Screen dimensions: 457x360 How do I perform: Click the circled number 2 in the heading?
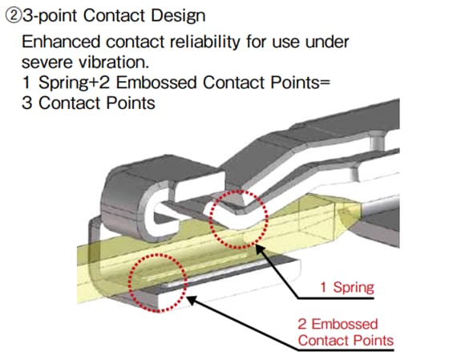tap(14, 16)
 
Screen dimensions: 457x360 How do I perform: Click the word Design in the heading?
tap(178, 16)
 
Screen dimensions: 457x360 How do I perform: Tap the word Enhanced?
tap(61, 42)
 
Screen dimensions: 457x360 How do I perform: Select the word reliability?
tap(205, 42)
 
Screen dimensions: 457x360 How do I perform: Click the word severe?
tap(47, 63)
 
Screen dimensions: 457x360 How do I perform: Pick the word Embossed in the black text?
tap(156, 83)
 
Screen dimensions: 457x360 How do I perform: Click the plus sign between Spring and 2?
tap(94, 83)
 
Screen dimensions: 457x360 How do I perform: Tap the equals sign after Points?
tap(325, 83)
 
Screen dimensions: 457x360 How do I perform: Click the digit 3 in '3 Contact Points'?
tap(26, 103)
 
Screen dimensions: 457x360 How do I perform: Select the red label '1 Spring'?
tap(347, 287)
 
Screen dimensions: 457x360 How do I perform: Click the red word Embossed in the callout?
tap(345, 324)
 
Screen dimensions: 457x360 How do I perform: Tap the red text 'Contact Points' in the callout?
tap(346, 341)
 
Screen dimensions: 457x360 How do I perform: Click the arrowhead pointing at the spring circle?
tap(260, 249)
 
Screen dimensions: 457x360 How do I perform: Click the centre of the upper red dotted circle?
tap(238, 220)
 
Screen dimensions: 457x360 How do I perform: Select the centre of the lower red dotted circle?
tap(157, 283)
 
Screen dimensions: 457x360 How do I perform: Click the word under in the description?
tap(327, 42)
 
